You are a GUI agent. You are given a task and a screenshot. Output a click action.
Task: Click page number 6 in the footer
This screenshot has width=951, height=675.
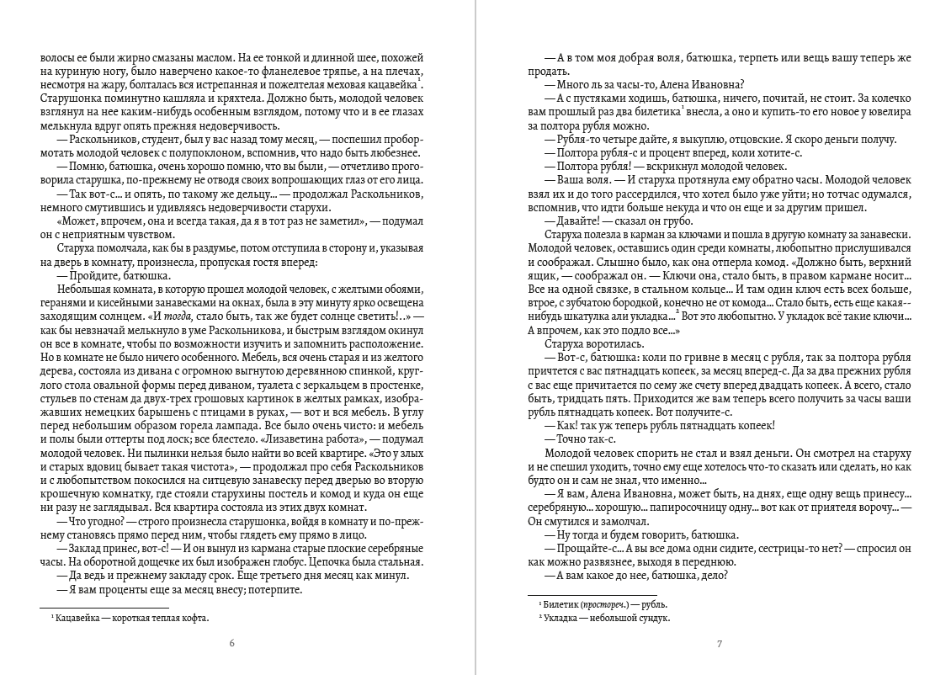pos(231,645)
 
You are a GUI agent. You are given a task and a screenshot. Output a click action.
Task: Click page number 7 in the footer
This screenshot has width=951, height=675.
pos(719,645)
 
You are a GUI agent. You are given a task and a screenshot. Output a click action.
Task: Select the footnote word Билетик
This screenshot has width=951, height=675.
pos(562,604)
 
